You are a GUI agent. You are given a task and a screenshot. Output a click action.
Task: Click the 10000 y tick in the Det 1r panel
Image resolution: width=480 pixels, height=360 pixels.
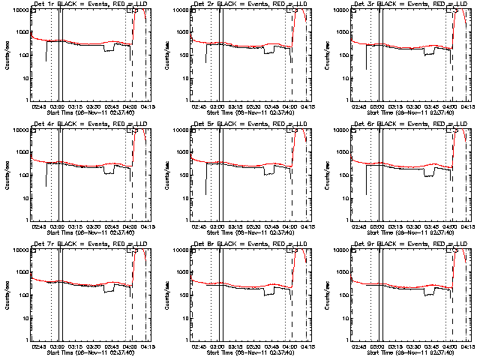click(19, 10)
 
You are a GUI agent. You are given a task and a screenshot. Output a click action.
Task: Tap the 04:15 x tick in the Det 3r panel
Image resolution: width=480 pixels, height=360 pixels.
click(465, 106)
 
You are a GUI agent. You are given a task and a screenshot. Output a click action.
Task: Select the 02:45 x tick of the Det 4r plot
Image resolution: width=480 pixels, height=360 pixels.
click(37, 226)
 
